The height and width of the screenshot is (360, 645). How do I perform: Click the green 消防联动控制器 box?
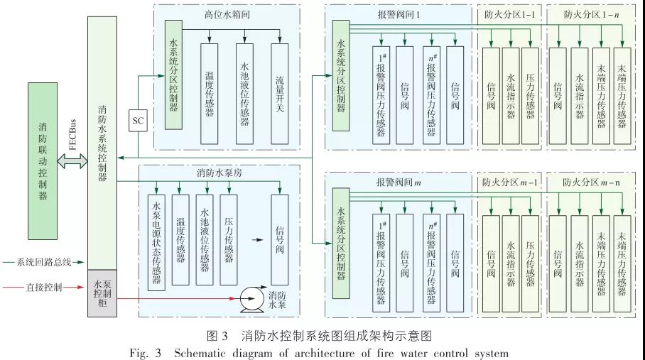(42, 160)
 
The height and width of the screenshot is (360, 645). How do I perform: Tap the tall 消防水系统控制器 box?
(102, 142)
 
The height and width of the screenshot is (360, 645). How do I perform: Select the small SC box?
(138, 121)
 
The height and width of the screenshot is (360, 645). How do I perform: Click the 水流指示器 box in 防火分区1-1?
(511, 97)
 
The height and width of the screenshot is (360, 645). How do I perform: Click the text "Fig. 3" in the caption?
(145, 351)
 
